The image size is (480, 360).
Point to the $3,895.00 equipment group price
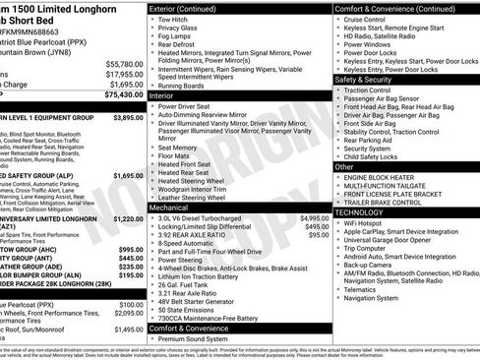click(x=128, y=117)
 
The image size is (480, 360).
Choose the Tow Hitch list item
click(x=173, y=18)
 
